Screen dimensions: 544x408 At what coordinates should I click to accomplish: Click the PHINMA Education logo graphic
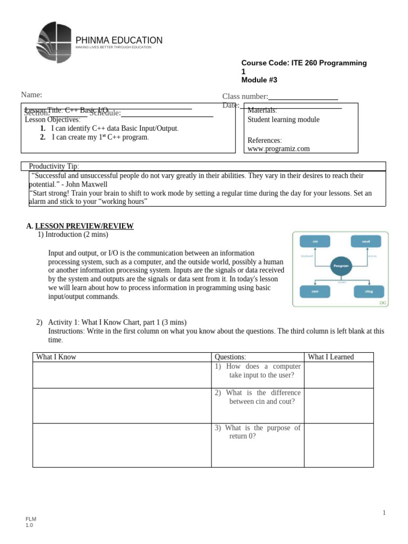click(x=54, y=42)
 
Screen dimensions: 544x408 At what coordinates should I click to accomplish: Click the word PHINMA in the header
click(x=92, y=40)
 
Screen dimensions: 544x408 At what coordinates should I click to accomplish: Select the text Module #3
click(x=259, y=80)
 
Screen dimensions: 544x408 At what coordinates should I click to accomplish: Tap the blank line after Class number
click(x=303, y=97)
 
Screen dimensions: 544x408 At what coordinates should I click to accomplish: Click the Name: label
click(x=31, y=95)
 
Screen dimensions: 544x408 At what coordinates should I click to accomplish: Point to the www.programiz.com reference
click(x=278, y=149)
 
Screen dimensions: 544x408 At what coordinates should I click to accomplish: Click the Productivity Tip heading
click(x=54, y=166)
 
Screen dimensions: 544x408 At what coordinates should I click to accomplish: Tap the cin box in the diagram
click(x=315, y=242)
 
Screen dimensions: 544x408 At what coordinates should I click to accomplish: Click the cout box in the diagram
click(x=365, y=242)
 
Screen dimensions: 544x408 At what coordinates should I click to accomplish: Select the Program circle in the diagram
click(x=341, y=265)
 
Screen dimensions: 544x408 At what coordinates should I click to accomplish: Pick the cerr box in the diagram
click(x=315, y=291)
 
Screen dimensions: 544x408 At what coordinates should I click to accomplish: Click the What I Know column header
click(x=56, y=357)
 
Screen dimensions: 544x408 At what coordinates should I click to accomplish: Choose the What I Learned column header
click(x=330, y=357)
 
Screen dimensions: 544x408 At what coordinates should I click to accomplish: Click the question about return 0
click(x=258, y=432)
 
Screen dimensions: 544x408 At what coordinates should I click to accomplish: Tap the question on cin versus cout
click(x=258, y=397)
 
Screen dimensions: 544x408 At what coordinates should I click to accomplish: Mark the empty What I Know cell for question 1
click(x=122, y=375)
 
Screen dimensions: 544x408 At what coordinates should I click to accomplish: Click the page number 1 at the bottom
click(x=384, y=512)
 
